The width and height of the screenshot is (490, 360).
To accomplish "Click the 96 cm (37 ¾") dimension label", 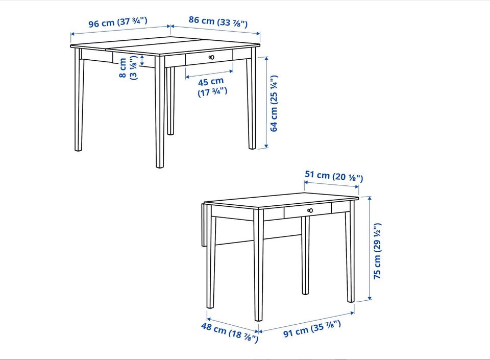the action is coord(117,22).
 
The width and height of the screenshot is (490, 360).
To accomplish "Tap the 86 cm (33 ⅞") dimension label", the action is coord(218,21).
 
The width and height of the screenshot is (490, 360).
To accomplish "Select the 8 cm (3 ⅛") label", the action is coord(128,67).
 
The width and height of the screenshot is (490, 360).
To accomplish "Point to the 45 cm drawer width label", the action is coord(212,87).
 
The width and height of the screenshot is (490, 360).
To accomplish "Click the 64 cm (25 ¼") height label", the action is coord(274,104).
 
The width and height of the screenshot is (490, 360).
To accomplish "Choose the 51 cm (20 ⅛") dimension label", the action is coord(334,176).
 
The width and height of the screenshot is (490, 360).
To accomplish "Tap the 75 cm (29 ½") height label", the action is coord(378,251).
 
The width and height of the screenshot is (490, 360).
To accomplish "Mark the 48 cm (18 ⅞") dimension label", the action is coord(230,332).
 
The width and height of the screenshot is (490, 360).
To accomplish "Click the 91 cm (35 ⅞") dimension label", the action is coord(312,329).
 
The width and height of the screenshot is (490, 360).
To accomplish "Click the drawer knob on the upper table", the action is coord(211,57).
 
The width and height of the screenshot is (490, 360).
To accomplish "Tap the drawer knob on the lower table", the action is coord(310,210).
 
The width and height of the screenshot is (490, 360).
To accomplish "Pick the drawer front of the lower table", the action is coord(308,210).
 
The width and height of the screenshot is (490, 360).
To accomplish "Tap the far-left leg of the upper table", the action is coord(79,100).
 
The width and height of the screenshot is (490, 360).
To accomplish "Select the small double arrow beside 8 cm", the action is coord(142,61).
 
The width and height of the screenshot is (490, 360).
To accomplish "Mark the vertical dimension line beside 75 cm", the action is coord(370,248).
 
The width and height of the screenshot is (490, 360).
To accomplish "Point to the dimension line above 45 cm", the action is coord(209,74).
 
